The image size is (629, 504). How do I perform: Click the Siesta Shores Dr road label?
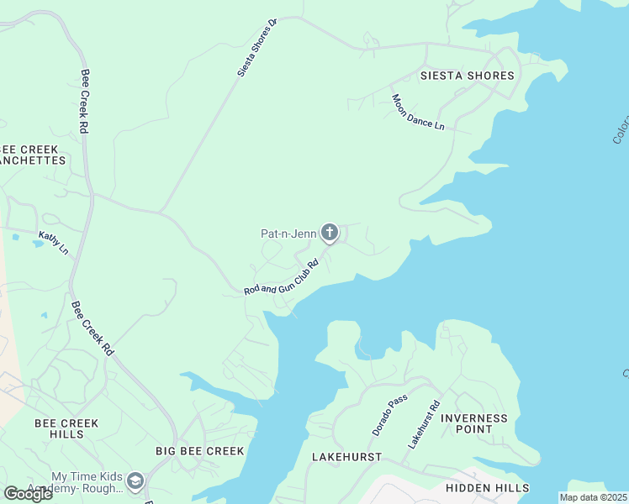(x=257, y=47)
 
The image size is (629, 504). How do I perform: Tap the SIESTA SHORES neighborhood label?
(x=467, y=76)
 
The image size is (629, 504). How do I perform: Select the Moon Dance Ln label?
(x=417, y=112)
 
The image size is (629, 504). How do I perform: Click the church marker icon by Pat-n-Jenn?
(x=330, y=232)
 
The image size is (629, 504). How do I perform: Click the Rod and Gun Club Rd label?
(x=281, y=277)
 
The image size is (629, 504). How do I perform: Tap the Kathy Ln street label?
(x=53, y=243)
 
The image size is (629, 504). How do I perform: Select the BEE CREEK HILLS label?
(x=66, y=428)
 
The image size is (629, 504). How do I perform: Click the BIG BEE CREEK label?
(x=200, y=451)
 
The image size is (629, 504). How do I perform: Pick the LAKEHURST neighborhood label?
(x=346, y=457)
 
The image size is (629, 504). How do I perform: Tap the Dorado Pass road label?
(x=389, y=415)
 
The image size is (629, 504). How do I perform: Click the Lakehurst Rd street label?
(x=424, y=423)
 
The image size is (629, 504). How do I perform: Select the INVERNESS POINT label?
(x=474, y=423)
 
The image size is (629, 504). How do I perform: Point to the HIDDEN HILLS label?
(x=488, y=488)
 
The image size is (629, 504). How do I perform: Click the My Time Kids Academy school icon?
(x=135, y=482)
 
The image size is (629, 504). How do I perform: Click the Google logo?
(x=28, y=494)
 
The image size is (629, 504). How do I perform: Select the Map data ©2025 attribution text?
(x=594, y=497)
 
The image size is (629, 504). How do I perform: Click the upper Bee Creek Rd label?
(x=84, y=101)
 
